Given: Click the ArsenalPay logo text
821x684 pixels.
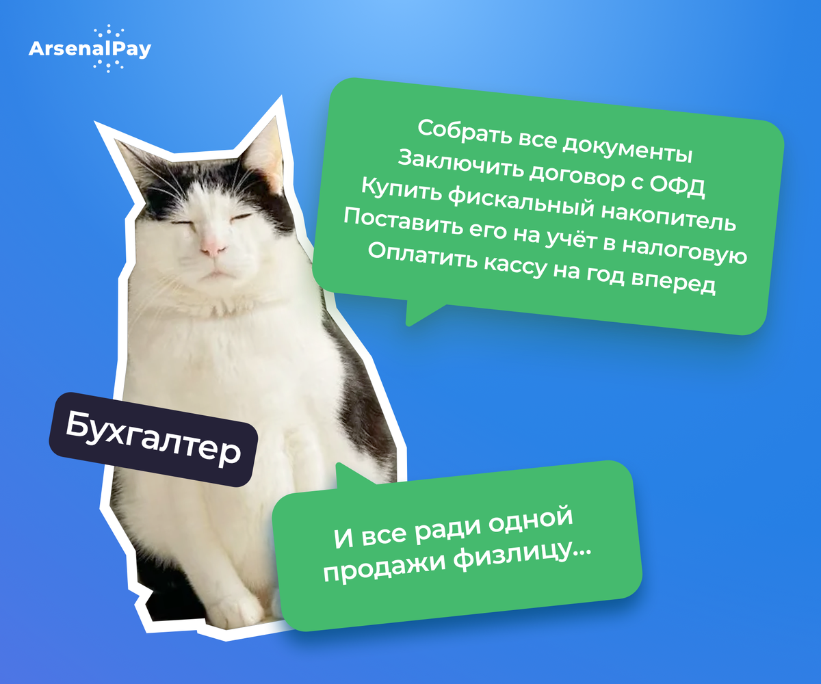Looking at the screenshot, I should coord(90,49).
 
